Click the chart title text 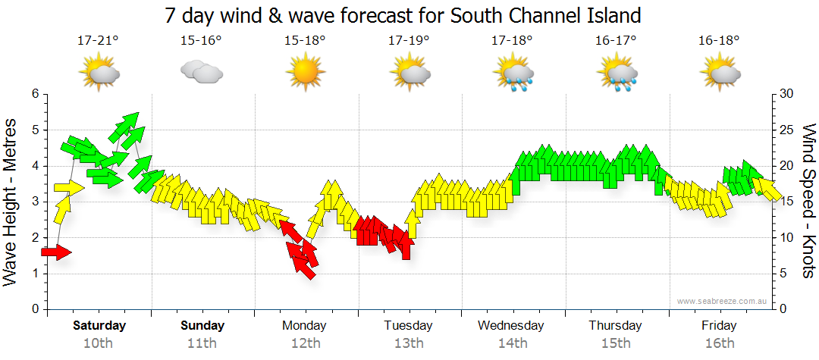coord(403,14)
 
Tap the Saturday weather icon coord(99,73)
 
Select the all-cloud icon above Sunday coord(202,73)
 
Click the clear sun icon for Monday coord(305,73)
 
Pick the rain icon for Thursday coord(619,74)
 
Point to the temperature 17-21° coord(98,40)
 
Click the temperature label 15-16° coord(201,40)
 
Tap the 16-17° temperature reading coord(616,40)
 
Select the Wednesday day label coord(511,326)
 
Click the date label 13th coord(408,343)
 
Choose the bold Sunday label coord(202,326)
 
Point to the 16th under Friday coord(719,343)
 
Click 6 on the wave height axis coord(34,94)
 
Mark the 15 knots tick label coord(787,202)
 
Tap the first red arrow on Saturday coord(56,252)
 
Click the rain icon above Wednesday coord(514,74)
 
